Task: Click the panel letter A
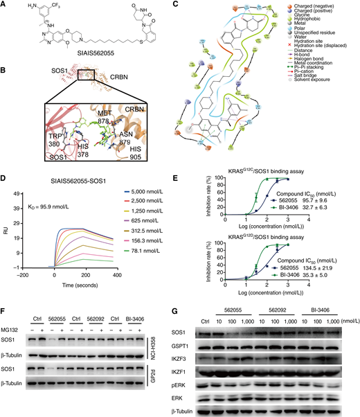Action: pyautogui.click(x=5, y=6)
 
